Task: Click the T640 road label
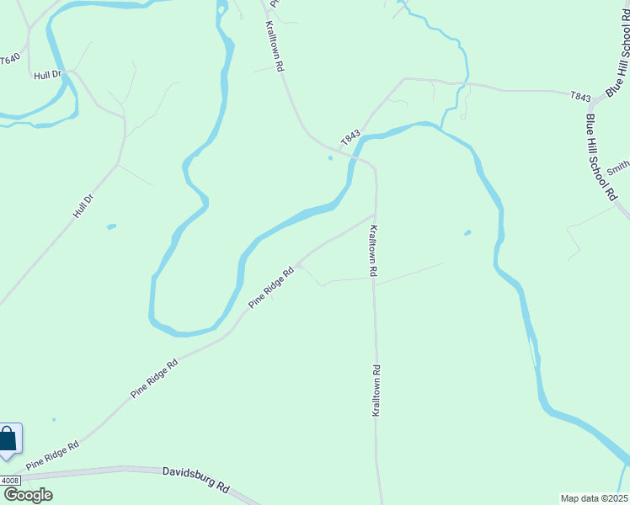click(9, 60)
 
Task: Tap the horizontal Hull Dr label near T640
click(49, 75)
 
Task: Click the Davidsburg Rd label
click(196, 481)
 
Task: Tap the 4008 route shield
click(9, 481)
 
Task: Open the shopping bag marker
click(8, 439)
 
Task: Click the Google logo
click(27, 495)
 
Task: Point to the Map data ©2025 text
click(594, 497)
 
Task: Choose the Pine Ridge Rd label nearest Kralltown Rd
click(271, 287)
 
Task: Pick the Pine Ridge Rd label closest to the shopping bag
click(52, 455)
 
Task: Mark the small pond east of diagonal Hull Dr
click(111, 226)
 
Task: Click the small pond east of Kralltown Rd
click(467, 233)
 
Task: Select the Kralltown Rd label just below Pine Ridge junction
click(373, 251)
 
